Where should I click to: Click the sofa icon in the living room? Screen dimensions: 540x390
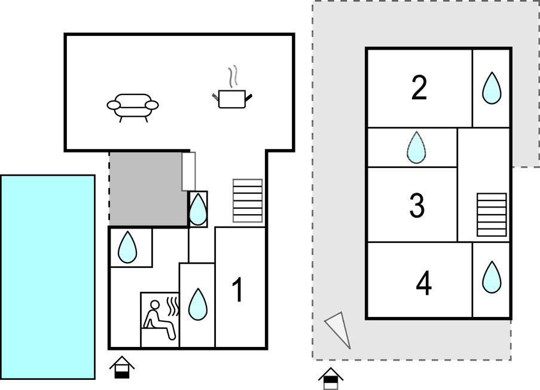click(x=133, y=108)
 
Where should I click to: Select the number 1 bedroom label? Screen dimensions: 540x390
click(x=238, y=290)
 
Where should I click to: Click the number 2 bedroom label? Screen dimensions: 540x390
click(x=419, y=88)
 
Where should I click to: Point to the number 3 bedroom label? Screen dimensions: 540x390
click(x=417, y=205)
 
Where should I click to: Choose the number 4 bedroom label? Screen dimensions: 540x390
click(x=423, y=283)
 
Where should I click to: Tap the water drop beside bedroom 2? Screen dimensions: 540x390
click(x=492, y=88)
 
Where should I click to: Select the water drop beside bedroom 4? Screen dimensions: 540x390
click(x=492, y=278)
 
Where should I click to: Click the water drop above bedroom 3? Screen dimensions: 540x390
click(x=416, y=148)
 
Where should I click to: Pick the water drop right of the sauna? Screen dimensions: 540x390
click(x=198, y=304)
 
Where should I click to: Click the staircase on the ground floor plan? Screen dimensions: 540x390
click(x=248, y=201)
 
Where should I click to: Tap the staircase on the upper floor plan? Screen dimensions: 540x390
click(x=492, y=215)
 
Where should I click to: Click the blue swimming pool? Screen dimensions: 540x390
click(x=48, y=277)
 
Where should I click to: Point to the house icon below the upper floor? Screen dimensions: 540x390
click(x=331, y=379)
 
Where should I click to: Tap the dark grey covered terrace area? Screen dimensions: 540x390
click(x=148, y=189)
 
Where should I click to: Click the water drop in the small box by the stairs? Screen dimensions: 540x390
click(x=198, y=209)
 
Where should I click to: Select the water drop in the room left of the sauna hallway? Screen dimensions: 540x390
click(x=127, y=247)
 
